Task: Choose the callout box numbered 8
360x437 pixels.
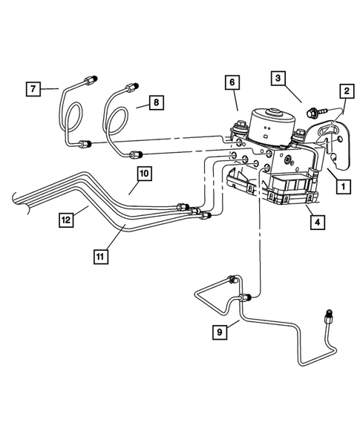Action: point(154,104)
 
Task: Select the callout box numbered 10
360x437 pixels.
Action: point(143,174)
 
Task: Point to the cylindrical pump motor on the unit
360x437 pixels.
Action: point(269,124)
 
